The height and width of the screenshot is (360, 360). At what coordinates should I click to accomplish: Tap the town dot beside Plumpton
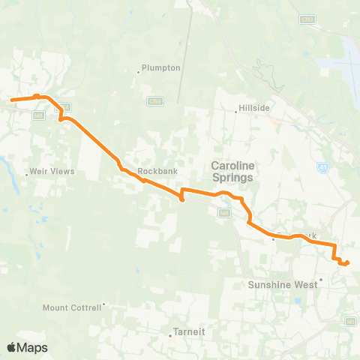(x=139, y=72)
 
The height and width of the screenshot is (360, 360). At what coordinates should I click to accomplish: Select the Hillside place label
(x=255, y=108)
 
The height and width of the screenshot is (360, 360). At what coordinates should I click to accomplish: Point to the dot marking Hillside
(x=236, y=112)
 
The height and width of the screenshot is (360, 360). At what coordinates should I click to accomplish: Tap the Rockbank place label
(x=157, y=171)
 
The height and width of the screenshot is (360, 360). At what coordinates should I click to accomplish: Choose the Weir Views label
(x=53, y=172)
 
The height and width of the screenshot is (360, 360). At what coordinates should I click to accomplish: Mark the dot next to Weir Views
(x=28, y=175)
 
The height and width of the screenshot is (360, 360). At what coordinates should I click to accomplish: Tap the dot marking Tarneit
(x=171, y=335)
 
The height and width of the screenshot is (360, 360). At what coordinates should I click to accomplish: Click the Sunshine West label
(x=283, y=285)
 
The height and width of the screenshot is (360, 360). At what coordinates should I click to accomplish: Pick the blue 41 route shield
(x=322, y=166)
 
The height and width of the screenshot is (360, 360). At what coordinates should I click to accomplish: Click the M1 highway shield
(x=351, y=321)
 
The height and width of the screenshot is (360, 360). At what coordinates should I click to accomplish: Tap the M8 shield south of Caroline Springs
(x=223, y=213)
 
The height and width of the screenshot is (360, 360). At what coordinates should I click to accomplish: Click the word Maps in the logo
(x=32, y=347)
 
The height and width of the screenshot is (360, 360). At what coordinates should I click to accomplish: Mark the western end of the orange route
(x=10, y=99)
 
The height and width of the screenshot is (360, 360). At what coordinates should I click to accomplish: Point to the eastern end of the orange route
(x=347, y=262)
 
